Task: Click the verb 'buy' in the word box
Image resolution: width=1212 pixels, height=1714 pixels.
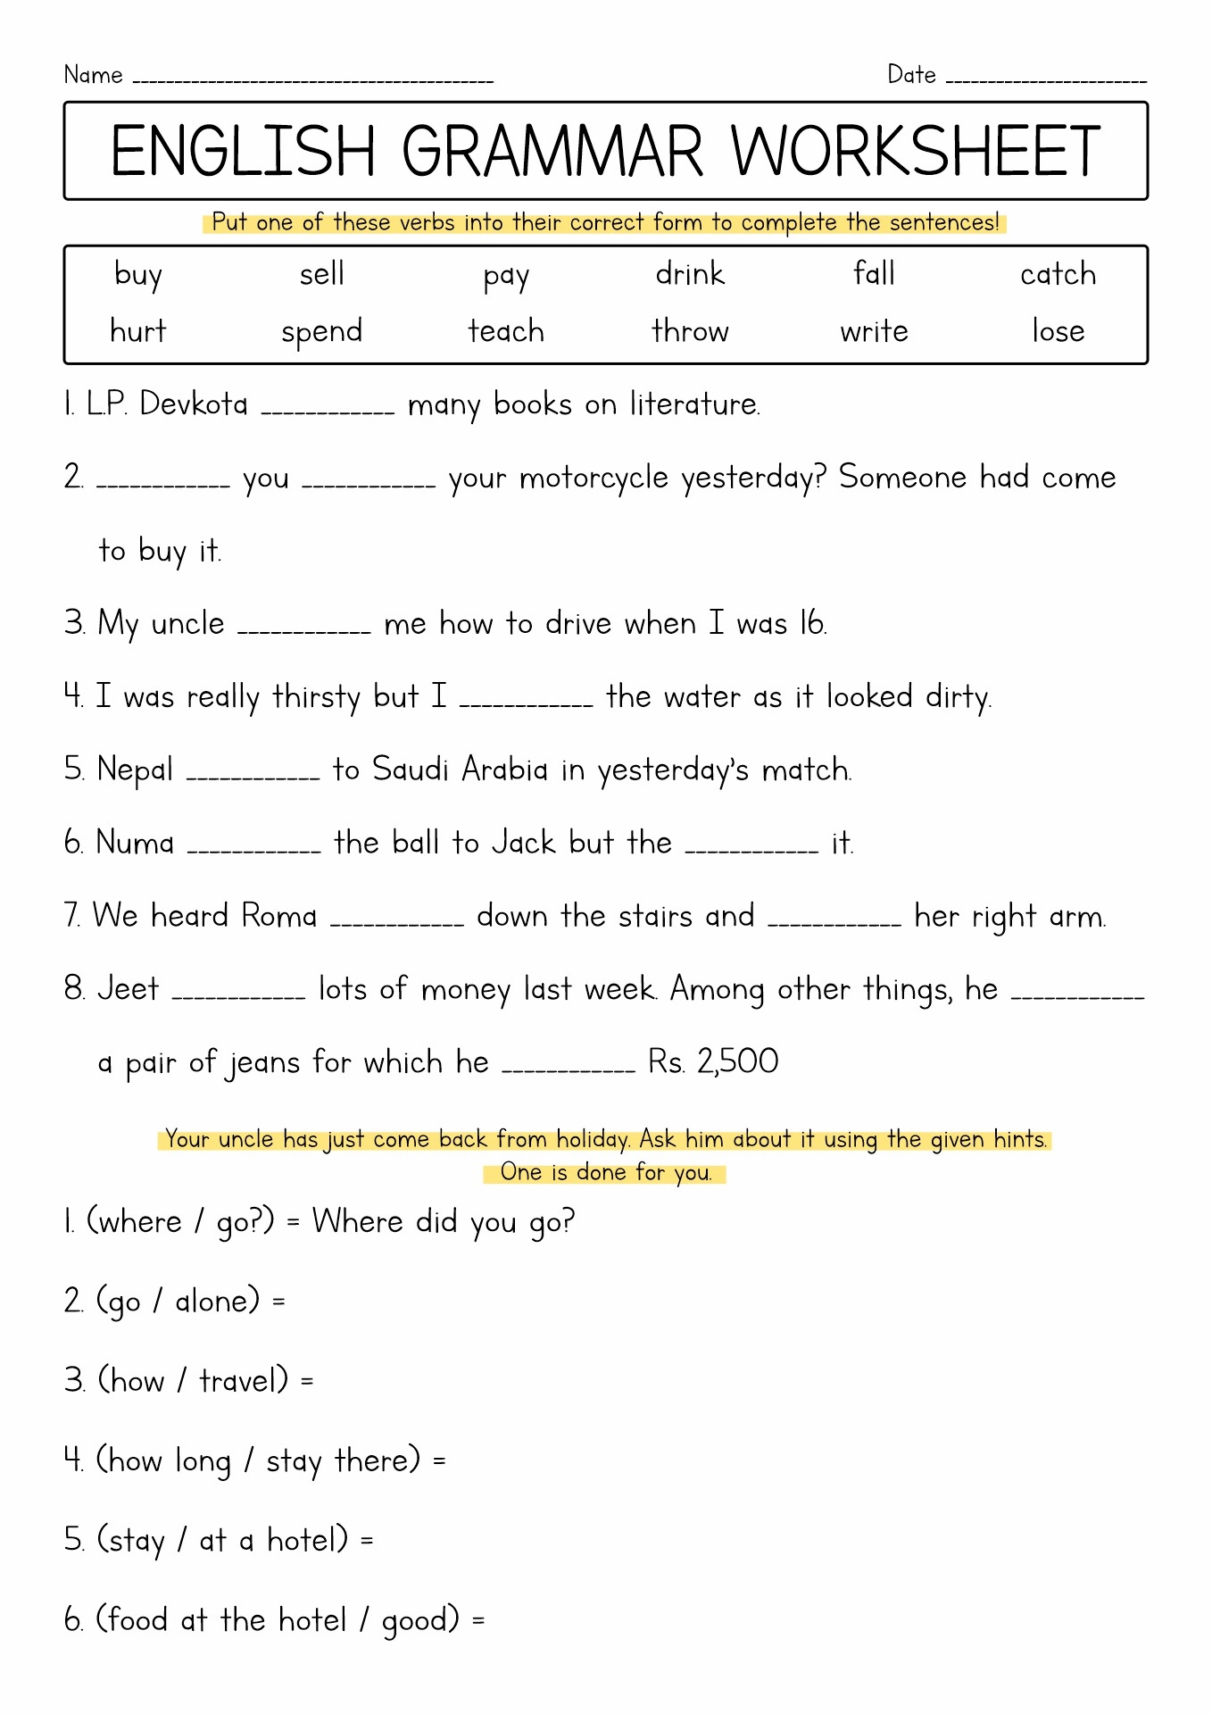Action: click(x=138, y=276)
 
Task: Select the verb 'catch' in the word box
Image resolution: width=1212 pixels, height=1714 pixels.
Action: click(x=1058, y=274)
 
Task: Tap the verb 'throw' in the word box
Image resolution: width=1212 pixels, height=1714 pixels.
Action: click(x=690, y=331)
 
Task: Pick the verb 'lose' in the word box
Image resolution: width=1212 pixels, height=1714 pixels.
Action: click(x=1058, y=331)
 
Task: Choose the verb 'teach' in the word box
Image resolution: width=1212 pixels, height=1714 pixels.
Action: click(x=506, y=331)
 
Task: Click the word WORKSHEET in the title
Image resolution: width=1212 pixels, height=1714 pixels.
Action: click(x=916, y=152)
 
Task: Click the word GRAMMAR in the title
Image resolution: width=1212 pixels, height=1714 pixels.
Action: click(x=552, y=152)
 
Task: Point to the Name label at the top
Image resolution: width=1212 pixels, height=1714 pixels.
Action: click(x=93, y=75)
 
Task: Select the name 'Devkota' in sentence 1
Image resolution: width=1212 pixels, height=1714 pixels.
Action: click(x=194, y=404)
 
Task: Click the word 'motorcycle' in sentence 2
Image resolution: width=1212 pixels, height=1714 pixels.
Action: click(x=594, y=478)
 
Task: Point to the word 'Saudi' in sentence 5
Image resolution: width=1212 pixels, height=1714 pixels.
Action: click(x=410, y=770)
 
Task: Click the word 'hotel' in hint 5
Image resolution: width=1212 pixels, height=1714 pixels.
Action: click(x=307, y=1540)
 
